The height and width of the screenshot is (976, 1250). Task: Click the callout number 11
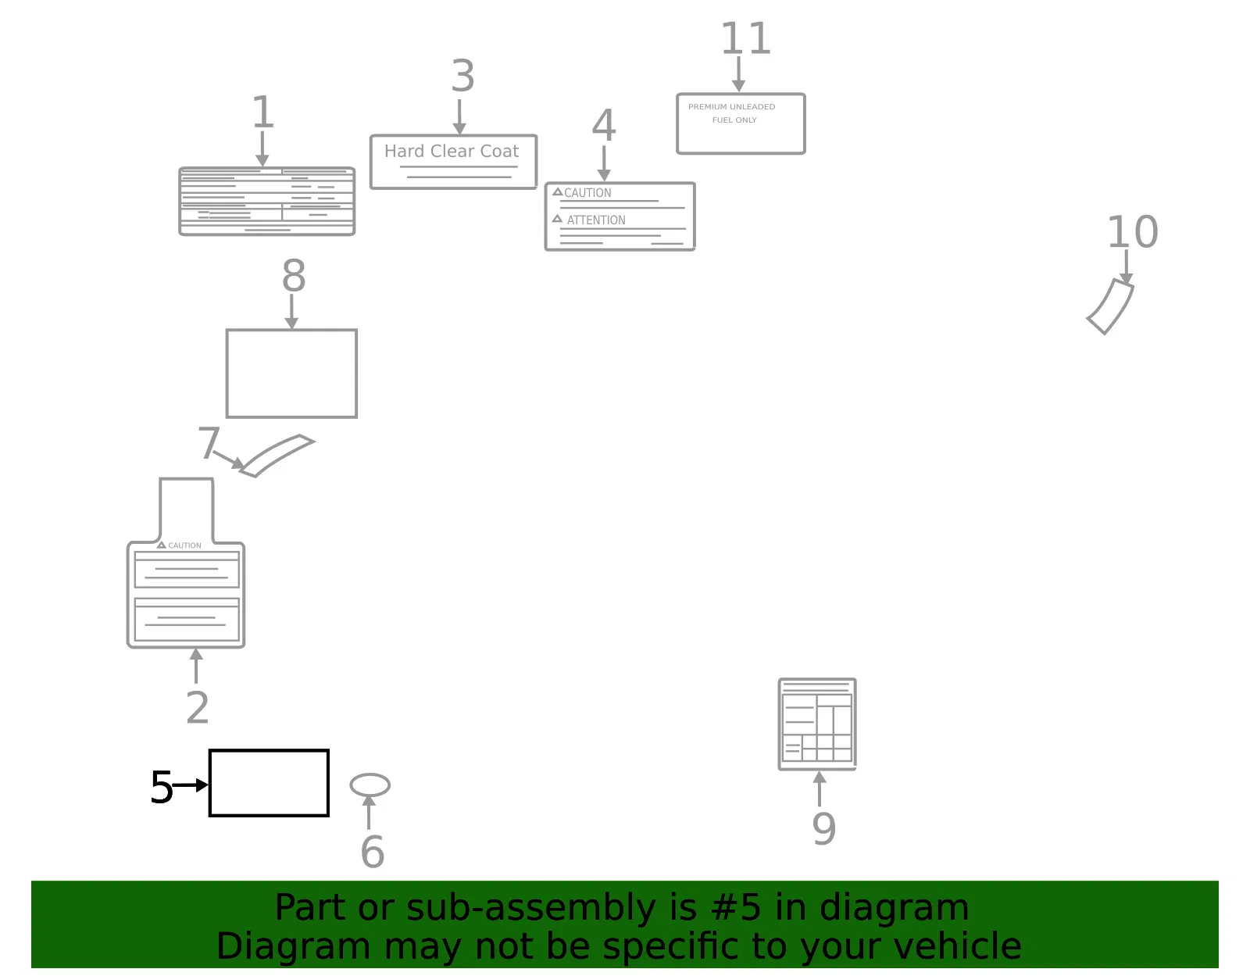[745, 38]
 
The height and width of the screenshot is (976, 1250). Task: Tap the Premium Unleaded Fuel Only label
[741, 123]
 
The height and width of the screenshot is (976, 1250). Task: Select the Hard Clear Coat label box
[453, 162]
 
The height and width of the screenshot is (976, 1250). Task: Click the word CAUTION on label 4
[587, 193]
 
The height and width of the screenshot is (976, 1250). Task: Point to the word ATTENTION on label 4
[596, 220]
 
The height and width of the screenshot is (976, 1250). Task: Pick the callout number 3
[462, 75]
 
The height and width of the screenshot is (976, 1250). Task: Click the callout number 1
[262, 112]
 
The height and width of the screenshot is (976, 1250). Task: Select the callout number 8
[294, 275]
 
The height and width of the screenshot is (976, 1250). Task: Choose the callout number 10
[1132, 232]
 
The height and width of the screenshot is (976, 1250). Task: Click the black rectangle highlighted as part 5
[269, 783]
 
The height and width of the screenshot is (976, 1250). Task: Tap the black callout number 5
[162, 787]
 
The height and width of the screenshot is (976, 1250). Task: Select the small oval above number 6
[370, 785]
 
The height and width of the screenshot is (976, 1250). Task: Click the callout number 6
[372, 851]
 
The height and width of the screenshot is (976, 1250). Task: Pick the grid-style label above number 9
[817, 724]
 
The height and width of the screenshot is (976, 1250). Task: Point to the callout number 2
[198, 707]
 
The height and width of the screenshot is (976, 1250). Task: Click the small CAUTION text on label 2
[184, 545]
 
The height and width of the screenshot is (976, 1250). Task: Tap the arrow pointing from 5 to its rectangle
[191, 785]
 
